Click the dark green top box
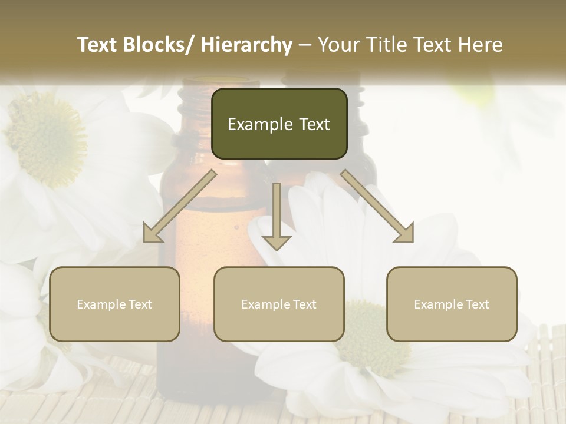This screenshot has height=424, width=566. click(279, 124)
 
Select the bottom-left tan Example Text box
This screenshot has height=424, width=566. click(114, 304)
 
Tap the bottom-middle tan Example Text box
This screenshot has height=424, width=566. click(279, 304)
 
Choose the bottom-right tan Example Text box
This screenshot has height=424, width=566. click(452, 304)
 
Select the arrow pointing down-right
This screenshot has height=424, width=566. click(378, 207)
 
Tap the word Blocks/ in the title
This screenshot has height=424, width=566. click(161, 45)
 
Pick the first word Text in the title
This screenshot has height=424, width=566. click(98, 45)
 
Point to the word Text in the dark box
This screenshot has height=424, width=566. click(314, 124)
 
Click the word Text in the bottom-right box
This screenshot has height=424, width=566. click(477, 304)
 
